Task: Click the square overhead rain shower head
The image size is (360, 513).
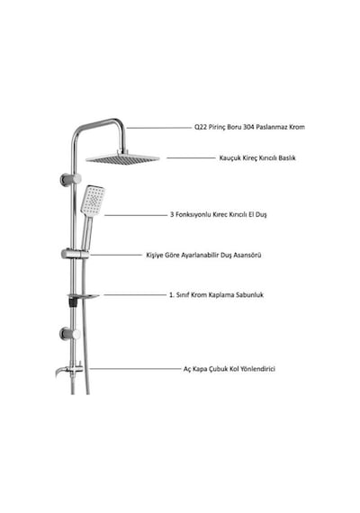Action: pyautogui.click(x=122, y=158)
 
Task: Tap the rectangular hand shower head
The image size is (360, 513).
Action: pyautogui.click(x=93, y=201)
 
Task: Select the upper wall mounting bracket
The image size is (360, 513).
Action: pyautogui.click(x=70, y=179)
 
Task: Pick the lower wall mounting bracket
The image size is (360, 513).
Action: pyautogui.click(x=70, y=334)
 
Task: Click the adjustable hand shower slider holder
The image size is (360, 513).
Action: pyautogui.click(x=75, y=254)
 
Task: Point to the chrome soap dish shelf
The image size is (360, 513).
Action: pyautogui.click(x=83, y=296)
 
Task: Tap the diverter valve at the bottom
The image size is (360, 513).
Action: pyautogui.click(x=70, y=370)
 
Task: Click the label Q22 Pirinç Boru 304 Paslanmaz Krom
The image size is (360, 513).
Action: pyautogui.click(x=249, y=127)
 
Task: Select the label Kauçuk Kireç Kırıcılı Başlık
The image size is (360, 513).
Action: pyautogui.click(x=257, y=157)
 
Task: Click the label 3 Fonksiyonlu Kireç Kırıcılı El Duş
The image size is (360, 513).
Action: pyautogui.click(x=219, y=214)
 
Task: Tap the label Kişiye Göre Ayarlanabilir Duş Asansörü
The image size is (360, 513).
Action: pyautogui.click(x=203, y=255)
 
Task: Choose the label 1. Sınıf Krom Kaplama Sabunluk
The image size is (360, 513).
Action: pyautogui.click(x=216, y=295)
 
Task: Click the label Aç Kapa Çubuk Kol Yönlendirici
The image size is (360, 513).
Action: pyautogui.click(x=229, y=369)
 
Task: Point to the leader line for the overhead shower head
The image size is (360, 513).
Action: pyautogui.click(x=191, y=158)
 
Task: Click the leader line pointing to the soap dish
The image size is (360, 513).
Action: pyautogui.click(x=135, y=295)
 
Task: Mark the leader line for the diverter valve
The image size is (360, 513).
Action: pyautogui.click(x=135, y=369)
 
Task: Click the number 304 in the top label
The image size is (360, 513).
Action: pyautogui.click(x=248, y=127)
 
